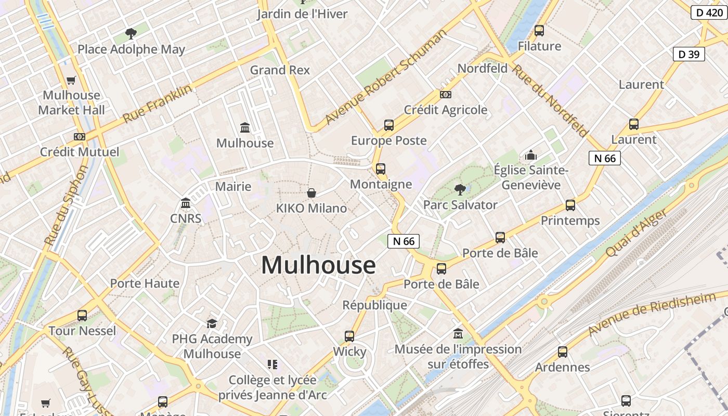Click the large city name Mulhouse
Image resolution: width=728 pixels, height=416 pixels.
(318, 265)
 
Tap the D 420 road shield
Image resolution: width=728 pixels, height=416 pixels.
(709, 12)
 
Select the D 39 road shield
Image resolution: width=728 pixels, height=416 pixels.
(688, 54)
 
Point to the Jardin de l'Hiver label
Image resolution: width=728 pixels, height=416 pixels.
(302, 14)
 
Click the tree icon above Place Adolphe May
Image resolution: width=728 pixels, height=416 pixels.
(131, 34)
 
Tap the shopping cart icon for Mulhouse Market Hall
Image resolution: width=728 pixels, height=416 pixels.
(71, 81)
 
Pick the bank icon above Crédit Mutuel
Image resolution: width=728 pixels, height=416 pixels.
(79, 137)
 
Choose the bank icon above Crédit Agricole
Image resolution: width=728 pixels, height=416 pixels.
(446, 95)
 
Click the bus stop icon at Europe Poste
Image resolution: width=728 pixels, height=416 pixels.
(389, 125)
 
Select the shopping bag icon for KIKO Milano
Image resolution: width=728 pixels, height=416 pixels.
(311, 193)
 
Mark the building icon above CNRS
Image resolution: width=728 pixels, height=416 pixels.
(186, 203)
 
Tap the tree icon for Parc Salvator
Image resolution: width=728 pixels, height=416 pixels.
(460, 189)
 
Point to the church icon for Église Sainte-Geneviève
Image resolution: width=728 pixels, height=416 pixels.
(531, 155)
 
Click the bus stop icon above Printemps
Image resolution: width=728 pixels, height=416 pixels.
(570, 205)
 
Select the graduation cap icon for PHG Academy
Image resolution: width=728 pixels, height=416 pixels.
(212, 324)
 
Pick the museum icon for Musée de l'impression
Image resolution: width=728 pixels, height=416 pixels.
(458, 333)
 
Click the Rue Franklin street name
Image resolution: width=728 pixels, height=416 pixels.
(157, 104)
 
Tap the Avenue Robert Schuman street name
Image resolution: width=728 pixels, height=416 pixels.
(386, 77)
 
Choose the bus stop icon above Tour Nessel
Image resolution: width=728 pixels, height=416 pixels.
(82, 316)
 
